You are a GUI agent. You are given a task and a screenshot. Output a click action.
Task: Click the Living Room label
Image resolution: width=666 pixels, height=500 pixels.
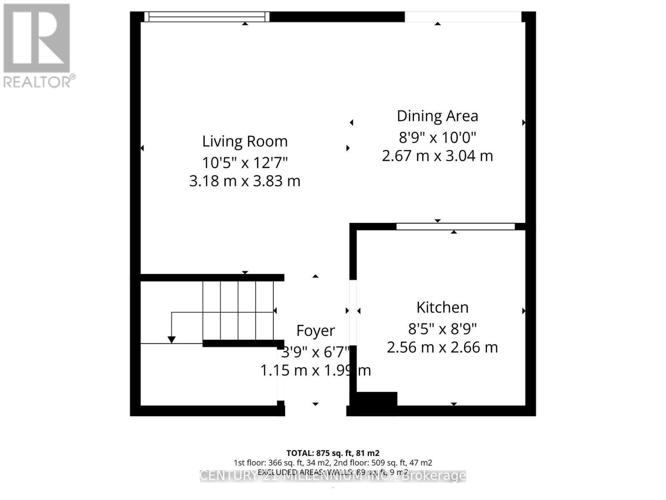click(245, 142)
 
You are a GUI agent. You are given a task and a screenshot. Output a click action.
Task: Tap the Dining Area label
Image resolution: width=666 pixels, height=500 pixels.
click(437, 116)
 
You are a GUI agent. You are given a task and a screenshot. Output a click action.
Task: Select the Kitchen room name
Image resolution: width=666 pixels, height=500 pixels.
click(442, 307)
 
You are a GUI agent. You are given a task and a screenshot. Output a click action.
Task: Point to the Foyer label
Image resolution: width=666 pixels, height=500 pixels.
click(316, 330)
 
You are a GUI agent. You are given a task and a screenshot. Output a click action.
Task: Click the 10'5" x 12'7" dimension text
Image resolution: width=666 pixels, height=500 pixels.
click(245, 162)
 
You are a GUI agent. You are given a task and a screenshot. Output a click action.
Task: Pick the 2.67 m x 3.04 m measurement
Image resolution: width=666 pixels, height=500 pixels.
click(437, 156)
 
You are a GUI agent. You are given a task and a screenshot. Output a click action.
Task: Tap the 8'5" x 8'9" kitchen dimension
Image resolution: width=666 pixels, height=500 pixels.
click(442, 329)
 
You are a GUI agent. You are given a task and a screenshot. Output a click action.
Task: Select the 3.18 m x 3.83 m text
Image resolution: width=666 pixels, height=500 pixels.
click(245, 181)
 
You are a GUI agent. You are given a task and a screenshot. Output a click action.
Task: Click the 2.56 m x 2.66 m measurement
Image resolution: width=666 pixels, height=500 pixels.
click(442, 347)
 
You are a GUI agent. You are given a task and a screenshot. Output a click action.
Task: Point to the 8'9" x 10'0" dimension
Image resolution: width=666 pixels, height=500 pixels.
click(437, 137)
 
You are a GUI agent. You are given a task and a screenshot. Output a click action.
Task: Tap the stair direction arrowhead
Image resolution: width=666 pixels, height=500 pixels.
click(171, 340)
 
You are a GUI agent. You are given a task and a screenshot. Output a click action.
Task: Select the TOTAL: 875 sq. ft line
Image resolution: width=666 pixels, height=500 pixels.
click(333, 453)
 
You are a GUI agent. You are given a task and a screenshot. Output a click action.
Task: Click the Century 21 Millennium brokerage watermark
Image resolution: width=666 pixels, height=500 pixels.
click(333, 476)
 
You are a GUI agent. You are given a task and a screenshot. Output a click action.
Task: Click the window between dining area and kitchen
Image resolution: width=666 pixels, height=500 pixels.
click(455, 226)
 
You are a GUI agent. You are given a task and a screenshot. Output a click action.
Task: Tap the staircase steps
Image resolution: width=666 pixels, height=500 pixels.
click(238, 310)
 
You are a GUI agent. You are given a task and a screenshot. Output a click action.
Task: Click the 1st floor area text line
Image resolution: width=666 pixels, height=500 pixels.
click(333, 462)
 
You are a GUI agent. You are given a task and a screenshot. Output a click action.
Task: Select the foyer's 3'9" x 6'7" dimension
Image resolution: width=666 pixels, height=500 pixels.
click(316, 352)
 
